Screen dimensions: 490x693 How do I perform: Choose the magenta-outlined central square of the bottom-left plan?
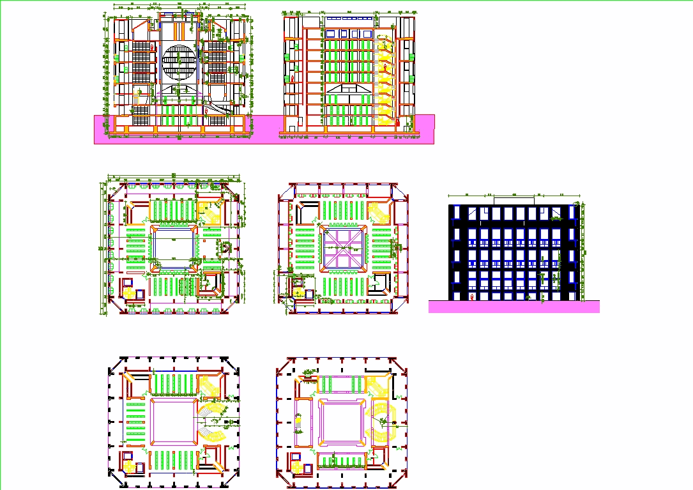tap(174, 422)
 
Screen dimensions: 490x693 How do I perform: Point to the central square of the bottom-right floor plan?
tap(341, 422)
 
